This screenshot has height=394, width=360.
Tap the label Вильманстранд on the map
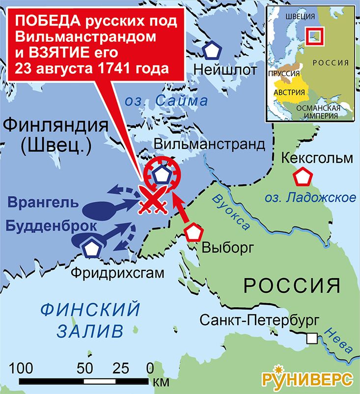tap(210, 144)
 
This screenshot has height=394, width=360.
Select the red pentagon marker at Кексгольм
tap(302, 177)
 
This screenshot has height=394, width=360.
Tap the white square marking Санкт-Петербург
tap(311, 338)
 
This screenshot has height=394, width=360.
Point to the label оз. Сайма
tap(166, 101)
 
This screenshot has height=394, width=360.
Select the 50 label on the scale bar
tap(85, 368)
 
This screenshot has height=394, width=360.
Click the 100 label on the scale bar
tap(22, 368)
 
